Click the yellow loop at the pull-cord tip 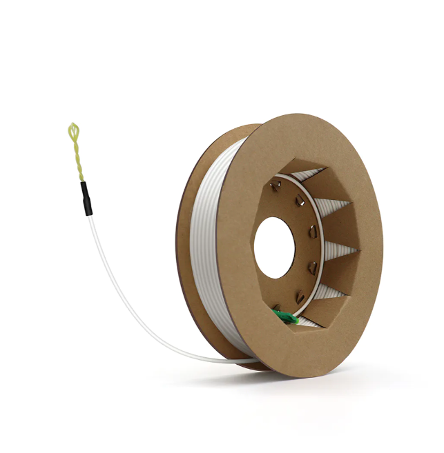[74, 130]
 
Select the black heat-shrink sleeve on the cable [86, 198]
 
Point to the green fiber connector [283, 317]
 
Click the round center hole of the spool [274, 248]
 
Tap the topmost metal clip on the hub [276, 185]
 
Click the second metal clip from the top [300, 201]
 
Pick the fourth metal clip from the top [313, 265]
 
